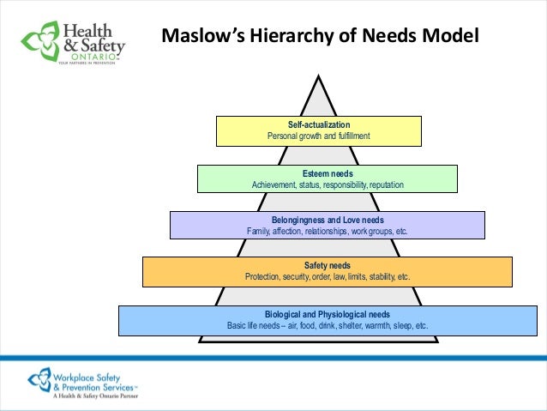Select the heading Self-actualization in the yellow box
[x=318, y=125]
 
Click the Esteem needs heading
[x=327, y=173]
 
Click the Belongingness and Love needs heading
[x=327, y=220]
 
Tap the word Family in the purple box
[x=259, y=231]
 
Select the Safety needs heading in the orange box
[x=327, y=266]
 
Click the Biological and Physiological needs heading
[x=327, y=314]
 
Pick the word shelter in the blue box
[x=337, y=326]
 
